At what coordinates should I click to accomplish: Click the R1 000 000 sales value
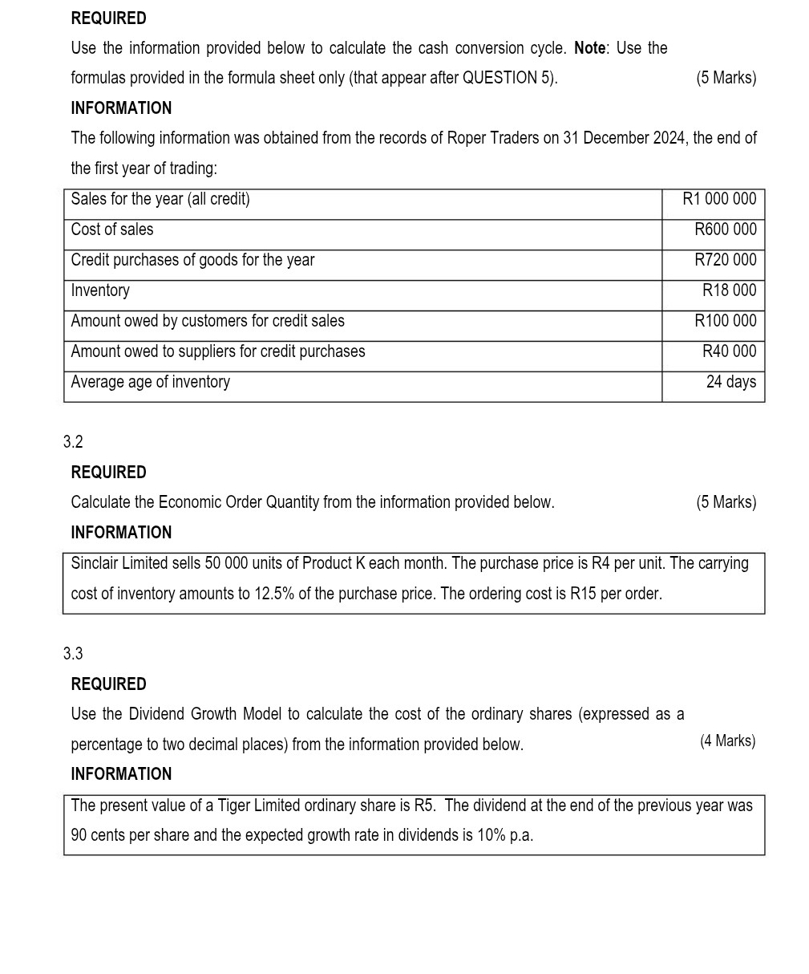(718, 199)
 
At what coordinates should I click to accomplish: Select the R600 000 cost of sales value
(725, 229)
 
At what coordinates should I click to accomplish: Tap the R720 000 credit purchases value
(725, 260)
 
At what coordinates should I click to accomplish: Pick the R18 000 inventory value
(729, 290)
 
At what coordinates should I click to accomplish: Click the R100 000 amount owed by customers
(725, 321)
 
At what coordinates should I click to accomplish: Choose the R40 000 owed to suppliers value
(729, 351)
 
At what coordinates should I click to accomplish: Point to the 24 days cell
(730, 382)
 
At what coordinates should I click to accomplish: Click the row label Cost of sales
(112, 229)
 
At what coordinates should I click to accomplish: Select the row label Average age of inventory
(150, 382)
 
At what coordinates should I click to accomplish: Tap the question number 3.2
(73, 442)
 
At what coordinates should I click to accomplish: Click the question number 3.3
(73, 654)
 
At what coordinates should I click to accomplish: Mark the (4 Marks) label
(727, 741)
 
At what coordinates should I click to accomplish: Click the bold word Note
(589, 48)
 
